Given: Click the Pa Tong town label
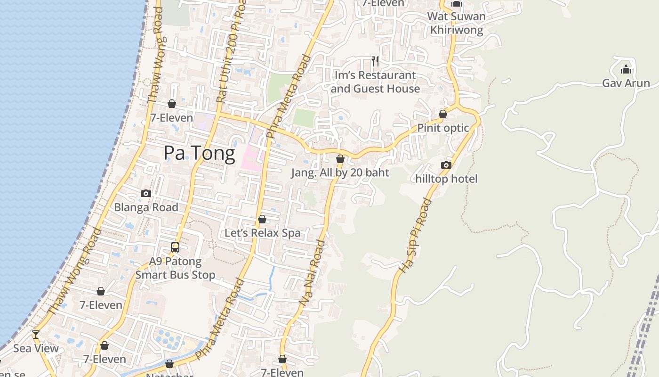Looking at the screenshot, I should click(x=199, y=154).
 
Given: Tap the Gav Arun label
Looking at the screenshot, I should click(x=626, y=83).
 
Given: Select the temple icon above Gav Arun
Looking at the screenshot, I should click(x=626, y=70).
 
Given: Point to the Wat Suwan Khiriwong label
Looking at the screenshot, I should click(x=456, y=23).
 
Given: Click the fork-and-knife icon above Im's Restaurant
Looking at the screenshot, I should click(x=375, y=61).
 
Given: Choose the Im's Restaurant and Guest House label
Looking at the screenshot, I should click(x=375, y=82).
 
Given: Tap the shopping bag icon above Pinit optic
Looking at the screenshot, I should click(x=443, y=114).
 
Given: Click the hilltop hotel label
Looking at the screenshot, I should click(x=446, y=179).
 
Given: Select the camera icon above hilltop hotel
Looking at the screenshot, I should click(x=446, y=165).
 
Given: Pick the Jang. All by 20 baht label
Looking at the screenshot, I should click(x=340, y=172).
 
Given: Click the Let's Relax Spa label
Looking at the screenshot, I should click(x=262, y=233).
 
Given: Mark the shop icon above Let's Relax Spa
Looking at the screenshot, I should click(x=262, y=219).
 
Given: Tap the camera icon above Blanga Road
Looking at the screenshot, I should click(x=146, y=193).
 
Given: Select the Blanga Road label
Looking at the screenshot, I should click(x=146, y=207).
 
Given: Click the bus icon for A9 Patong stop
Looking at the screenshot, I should click(x=175, y=247).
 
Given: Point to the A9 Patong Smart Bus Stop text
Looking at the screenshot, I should click(x=175, y=268).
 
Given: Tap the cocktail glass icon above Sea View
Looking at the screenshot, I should click(x=36, y=335).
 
